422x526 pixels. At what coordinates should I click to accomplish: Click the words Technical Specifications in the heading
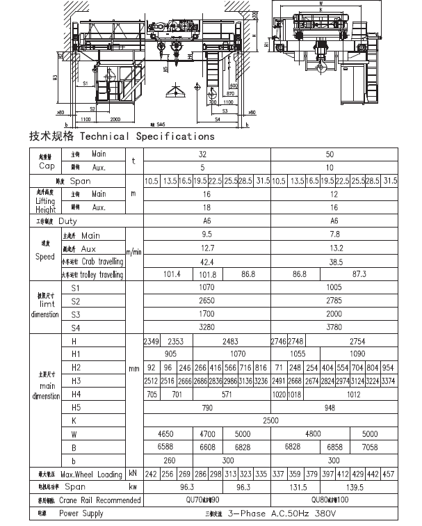point(147,136)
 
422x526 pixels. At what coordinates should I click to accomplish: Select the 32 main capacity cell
point(202,154)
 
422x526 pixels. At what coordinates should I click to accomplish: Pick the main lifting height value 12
point(334,194)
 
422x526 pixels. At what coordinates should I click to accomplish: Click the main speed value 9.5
point(206,234)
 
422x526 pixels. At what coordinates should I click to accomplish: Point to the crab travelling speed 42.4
point(206,262)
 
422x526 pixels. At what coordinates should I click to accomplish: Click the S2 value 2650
point(207,301)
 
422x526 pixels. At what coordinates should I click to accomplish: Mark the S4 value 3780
point(334,326)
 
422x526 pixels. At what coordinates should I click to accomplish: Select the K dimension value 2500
point(270,420)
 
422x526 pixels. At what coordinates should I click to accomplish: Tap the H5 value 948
point(334,407)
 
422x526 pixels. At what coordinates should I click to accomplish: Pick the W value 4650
point(167,433)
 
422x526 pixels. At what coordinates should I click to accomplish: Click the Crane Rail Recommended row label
point(99,500)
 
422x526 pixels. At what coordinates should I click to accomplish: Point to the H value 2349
point(152,342)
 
